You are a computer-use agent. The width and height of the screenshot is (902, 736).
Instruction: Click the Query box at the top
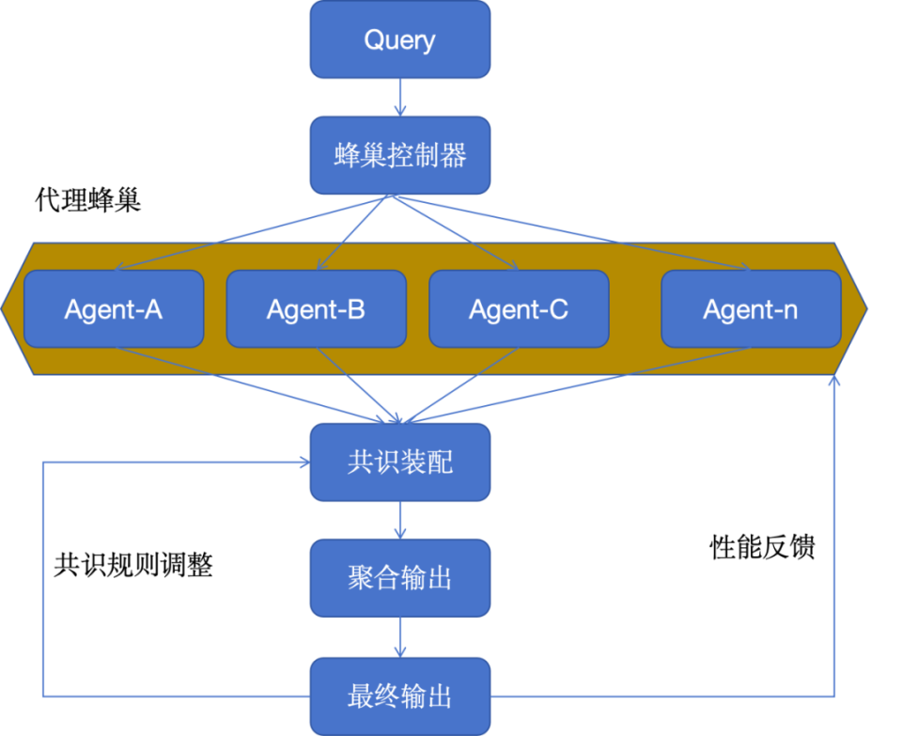399,39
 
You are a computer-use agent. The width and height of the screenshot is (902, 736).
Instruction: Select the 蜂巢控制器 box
399,155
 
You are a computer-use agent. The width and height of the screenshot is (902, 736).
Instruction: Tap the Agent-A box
114,309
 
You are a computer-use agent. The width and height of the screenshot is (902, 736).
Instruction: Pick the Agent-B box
316,309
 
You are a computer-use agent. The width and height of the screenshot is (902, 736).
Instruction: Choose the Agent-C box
519,309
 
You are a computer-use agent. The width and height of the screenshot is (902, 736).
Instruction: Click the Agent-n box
751,309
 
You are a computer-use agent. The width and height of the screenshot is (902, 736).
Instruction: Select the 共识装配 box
399,462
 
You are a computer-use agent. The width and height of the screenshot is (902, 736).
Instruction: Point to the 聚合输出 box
399,577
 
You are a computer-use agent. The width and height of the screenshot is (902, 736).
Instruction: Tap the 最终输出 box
399,697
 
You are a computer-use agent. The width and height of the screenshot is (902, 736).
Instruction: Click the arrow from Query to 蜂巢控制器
399,97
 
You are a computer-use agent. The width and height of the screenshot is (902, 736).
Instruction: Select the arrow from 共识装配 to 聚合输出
399,519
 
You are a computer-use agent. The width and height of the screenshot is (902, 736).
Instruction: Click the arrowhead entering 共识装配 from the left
303,462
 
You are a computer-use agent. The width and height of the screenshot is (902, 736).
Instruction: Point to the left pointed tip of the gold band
6,307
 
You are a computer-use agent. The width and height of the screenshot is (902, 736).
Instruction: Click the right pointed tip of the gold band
864,307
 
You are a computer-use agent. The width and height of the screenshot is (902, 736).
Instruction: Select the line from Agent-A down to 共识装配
254,383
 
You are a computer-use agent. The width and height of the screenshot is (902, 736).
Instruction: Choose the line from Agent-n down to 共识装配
583,383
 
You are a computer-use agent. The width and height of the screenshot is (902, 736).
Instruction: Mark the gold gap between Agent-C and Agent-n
635,309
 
